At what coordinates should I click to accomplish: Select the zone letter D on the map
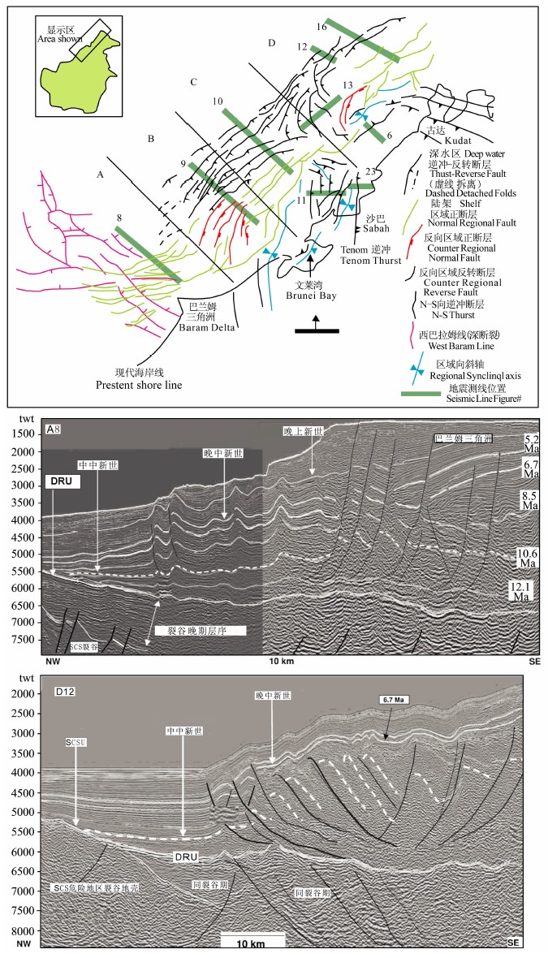tap(272, 42)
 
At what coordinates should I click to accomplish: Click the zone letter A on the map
tap(100, 175)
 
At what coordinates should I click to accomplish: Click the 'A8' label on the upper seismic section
tap(54, 430)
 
